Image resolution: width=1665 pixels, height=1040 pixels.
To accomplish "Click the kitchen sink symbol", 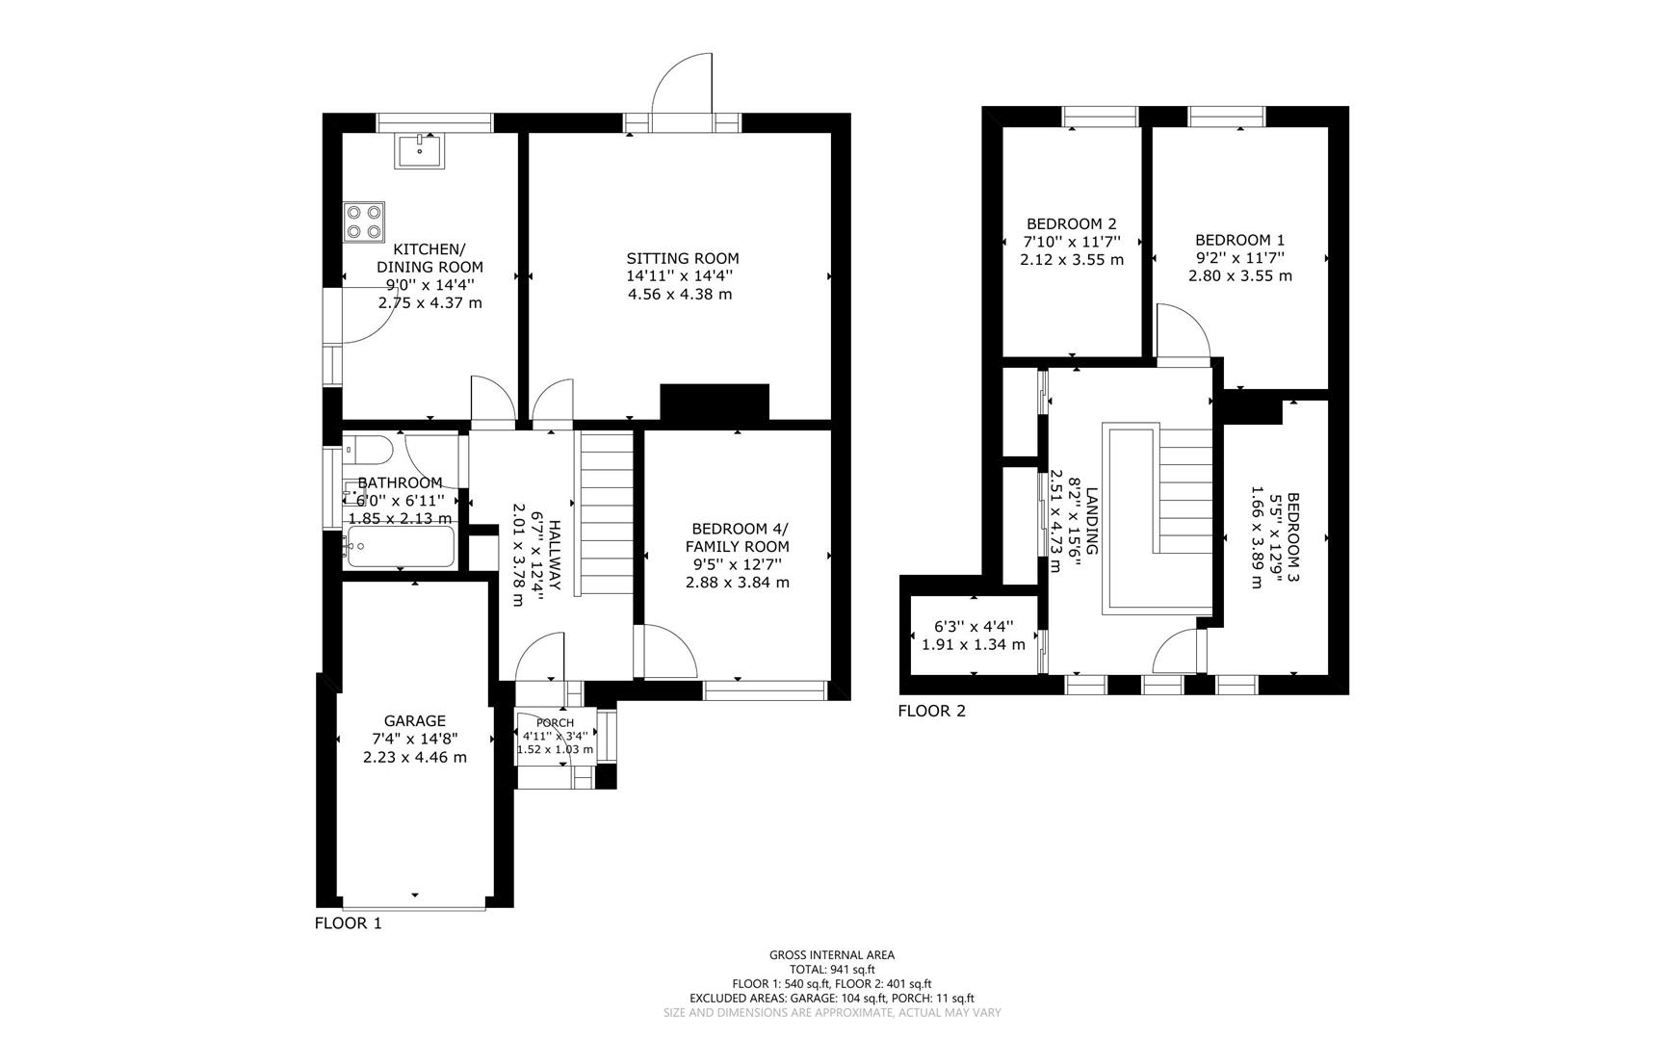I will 419,151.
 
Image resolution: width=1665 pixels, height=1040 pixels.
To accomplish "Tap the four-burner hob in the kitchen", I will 364,221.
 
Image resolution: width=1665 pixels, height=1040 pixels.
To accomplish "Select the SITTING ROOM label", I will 682,258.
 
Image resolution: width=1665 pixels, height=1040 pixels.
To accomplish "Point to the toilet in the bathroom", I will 369,450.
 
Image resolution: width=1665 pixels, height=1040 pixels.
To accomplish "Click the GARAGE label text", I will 414,720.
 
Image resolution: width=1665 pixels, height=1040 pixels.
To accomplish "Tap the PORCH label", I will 555,723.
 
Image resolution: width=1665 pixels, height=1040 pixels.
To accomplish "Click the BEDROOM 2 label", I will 1071,223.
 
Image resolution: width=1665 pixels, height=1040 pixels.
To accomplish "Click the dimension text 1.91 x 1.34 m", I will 973,644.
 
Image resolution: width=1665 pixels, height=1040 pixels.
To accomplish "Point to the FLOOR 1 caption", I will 348,923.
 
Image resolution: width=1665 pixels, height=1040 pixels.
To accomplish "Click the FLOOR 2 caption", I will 931,712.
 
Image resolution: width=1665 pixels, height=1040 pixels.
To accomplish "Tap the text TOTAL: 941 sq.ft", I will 832,970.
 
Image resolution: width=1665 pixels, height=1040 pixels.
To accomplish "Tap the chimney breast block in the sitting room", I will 714,402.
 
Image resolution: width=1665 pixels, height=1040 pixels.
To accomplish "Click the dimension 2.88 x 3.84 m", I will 737,583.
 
